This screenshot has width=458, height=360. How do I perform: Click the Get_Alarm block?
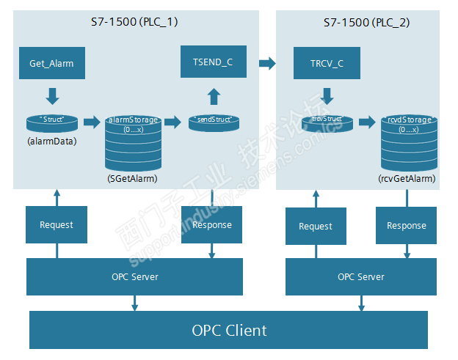[x=51, y=63]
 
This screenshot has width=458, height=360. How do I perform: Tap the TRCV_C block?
[x=327, y=63]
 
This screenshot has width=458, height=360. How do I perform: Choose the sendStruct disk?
[x=213, y=122]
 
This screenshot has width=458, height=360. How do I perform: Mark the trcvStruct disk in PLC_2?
[x=327, y=122]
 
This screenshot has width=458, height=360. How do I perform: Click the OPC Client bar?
[x=228, y=330]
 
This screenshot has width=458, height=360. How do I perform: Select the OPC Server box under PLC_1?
[x=134, y=276]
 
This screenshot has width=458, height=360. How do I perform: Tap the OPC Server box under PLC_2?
[x=360, y=276]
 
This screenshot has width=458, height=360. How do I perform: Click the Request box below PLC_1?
[x=57, y=224]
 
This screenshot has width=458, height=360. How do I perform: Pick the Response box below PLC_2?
[x=406, y=225]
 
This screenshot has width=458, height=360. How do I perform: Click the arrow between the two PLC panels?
[x=266, y=64]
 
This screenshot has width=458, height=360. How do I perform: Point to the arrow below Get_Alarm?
[x=51, y=95]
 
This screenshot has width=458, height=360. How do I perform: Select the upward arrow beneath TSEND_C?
[x=213, y=96]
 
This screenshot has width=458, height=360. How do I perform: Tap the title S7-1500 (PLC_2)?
[x=366, y=23]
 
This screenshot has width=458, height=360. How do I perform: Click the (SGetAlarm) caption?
[x=132, y=178]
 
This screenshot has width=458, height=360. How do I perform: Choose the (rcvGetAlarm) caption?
[x=407, y=178]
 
